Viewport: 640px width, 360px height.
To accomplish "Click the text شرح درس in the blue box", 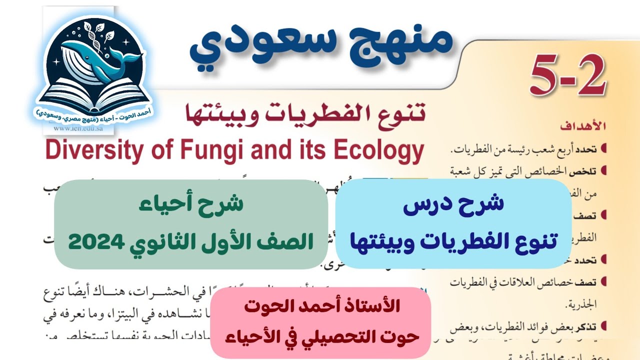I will [x=454, y=204].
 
